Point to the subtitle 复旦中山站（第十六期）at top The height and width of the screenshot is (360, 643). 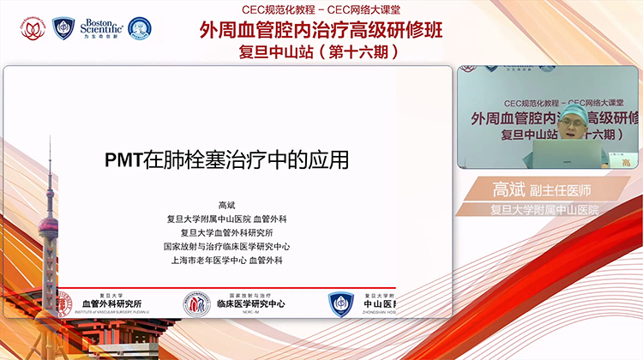pos(322,52)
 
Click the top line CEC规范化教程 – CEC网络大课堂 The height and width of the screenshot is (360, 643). pos(322,8)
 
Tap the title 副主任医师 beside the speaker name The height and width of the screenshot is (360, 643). pos(562,189)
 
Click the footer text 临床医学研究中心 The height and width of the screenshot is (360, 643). pos(250,305)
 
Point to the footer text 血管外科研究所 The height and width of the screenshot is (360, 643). pos(111,304)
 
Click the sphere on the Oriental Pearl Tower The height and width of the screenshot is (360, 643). pos(50,229)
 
